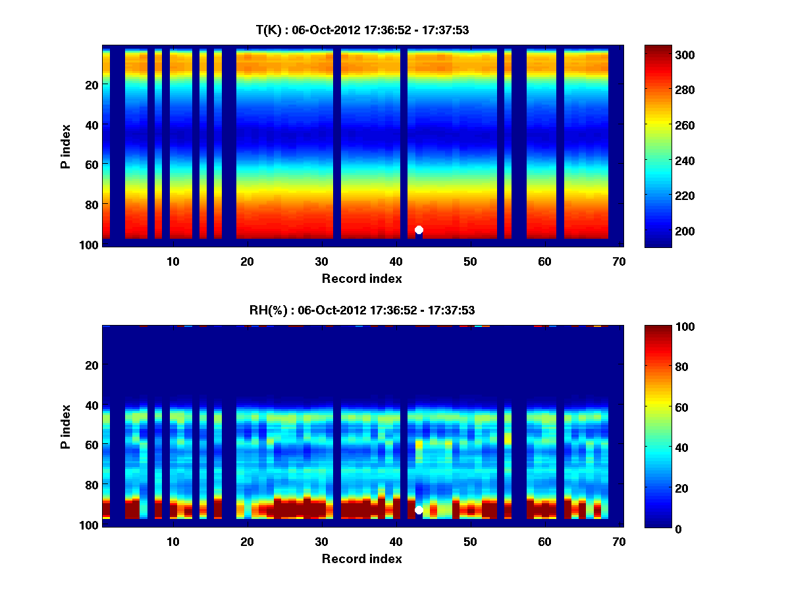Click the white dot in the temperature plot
[419, 230]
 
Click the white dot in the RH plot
[419, 510]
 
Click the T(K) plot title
[362, 30]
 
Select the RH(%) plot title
[362, 310]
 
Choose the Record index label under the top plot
[362, 278]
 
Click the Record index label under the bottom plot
[362, 558]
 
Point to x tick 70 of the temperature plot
[618, 261]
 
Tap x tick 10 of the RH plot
[172, 541]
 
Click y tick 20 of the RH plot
[92, 365]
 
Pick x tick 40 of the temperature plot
[396, 261]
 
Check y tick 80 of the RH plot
[92, 485]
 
